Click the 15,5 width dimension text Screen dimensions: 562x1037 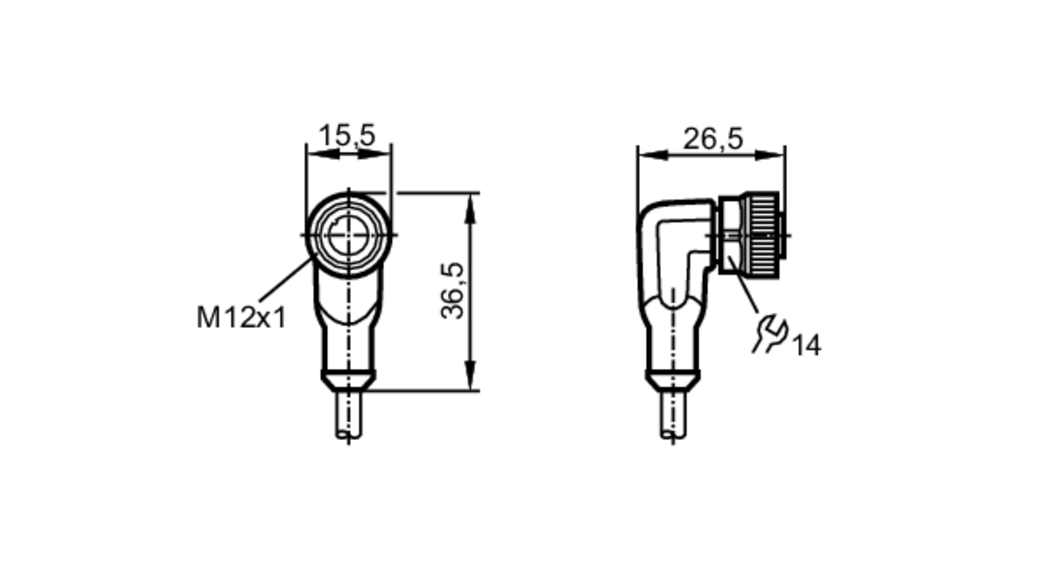coord(346,136)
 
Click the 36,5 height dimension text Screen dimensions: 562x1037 coord(452,291)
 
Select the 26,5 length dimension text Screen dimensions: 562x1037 coord(713,139)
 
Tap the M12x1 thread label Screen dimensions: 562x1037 coord(241,318)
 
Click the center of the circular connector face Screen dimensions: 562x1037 coord(348,235)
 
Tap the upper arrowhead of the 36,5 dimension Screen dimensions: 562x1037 coord(470,207)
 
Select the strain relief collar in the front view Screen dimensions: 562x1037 coord(348,380)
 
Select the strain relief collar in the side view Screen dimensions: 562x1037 coord(673,380)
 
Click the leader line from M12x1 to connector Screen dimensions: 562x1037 coord(285,280)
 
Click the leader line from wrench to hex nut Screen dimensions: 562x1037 coord(744,285)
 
